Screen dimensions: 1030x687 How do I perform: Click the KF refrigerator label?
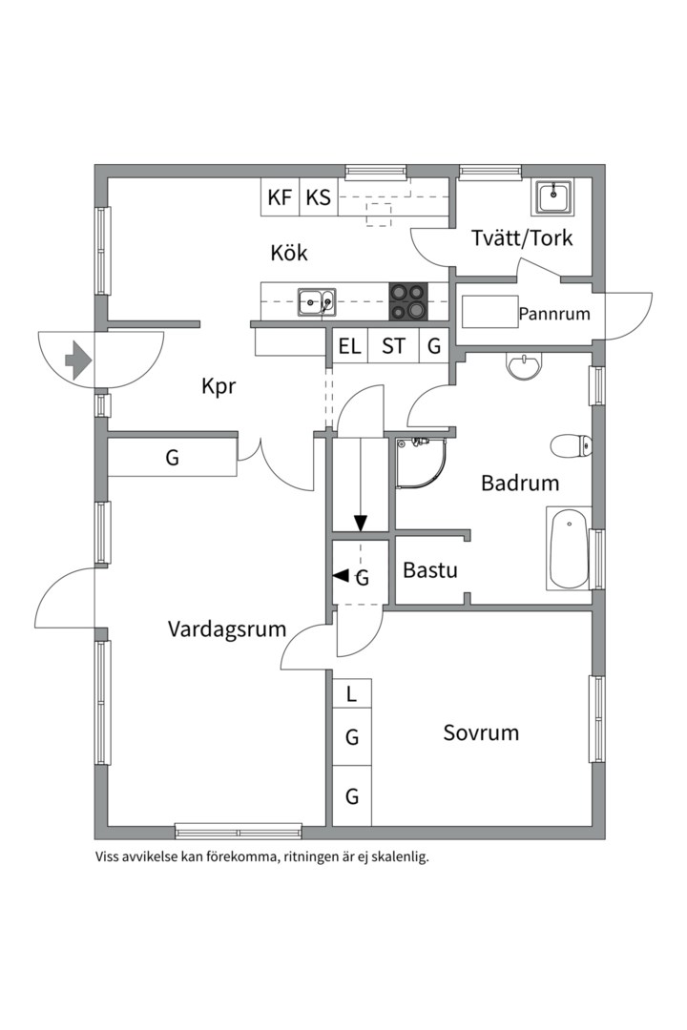tap(280, 197)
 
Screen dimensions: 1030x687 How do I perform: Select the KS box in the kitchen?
tap(319, 197)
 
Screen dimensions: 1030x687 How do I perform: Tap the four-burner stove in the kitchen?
tap(407, 301)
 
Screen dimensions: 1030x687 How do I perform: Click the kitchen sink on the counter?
tap(316, 302)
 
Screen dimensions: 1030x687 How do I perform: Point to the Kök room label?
tap(289, 254)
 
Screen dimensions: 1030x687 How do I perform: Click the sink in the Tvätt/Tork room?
tap(552, 198)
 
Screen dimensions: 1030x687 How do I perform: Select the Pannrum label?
tap(553, 314)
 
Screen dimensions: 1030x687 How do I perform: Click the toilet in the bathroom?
tap(572, 445)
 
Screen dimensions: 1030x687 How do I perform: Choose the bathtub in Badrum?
tap(570, 548)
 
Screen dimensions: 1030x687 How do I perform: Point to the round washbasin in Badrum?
tap(523, 366)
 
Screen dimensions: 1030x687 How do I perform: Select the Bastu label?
tap(429, 571)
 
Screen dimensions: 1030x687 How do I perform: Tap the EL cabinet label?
tap(349, 346)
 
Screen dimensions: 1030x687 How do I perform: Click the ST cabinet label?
tap(393, 346)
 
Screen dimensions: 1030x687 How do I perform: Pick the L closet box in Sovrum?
tap(351, 693)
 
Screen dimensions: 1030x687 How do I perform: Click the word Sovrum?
tap(481, 733)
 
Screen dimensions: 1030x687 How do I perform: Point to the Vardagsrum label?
tap(227, 629)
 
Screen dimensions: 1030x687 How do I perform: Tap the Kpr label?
tap(218, 387)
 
